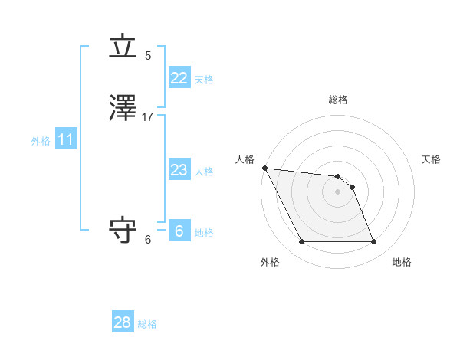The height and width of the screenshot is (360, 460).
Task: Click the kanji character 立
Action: pyautogui.click(x=123, y=48)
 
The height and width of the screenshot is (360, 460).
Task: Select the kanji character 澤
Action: pyautogui.click(x=123, y=110)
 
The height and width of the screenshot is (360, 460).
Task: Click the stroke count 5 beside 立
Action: pyautogui.click(x=148, y=56)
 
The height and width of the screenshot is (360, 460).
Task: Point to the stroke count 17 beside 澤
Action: pyautogui.click(x=148, y=117)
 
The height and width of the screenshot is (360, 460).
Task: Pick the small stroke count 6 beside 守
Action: pyautogui.click(x=148, y=240)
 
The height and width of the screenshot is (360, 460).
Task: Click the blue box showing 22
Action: pyautogui.click(x=179, y=78)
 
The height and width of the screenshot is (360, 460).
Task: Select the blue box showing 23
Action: pyautogui.click(x=179, y=170)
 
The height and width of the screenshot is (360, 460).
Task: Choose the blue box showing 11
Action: pyautogui.click(x=65, y=140)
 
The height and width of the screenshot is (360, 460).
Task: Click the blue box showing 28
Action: pyautogui.click(x=123, y=322)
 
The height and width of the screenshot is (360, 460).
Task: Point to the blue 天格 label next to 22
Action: pyautogui.click(x=203, y=80)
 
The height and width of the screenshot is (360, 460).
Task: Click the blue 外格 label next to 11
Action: pyautogui.click(x=40, y=141)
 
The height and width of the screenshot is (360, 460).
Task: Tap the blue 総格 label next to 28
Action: pyautogui.click(x=147, y=324)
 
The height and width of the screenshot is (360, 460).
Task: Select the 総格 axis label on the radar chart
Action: pyautogui.click(x=337, y=100)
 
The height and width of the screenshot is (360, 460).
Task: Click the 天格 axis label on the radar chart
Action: pyautogui.click(x=432, y=159)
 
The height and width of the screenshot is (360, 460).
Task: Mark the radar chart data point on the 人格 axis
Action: pyautogui.click(x=264, y=168)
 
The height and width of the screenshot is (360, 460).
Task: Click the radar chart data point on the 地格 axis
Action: pyautogui.click(x=374, y=242)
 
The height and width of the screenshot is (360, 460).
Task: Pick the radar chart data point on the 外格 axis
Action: pyautogui.click(x=301, y=242)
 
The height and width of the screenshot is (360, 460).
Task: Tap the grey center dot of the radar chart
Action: pyautogui.click(x=337, y=191)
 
